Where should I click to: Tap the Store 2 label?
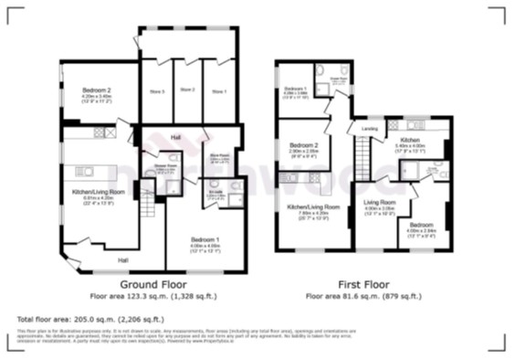(x=187, y=90)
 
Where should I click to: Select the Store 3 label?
(x=156, y=90)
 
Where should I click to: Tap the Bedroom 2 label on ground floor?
(x=96, y=90)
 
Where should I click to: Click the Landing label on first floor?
(x=370, y=129)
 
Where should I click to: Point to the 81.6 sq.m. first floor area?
(x=342, y=296)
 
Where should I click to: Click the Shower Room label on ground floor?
(x=165, y=167)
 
